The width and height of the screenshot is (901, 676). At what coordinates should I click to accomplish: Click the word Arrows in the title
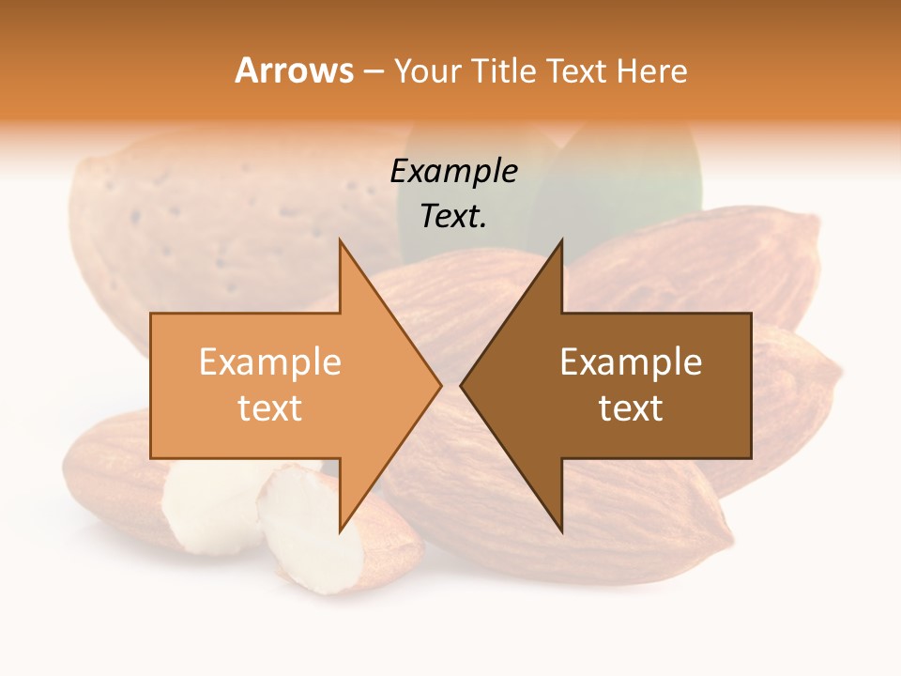(x=295, y=70)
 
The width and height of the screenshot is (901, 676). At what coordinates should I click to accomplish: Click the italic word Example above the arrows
(x=453, y=171)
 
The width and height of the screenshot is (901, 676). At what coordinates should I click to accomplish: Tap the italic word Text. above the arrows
(x=453, y=216)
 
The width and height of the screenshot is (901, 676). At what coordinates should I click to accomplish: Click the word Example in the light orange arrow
(x=269, y=362)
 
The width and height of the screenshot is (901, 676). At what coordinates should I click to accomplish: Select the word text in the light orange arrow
(x=269, y=408)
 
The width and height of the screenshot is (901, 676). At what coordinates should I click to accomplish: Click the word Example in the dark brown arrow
(x=631, y=362)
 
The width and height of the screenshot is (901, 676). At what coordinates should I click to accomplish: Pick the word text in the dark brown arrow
(x=631, y=408)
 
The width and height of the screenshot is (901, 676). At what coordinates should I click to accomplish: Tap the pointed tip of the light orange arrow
(x=438, y=385)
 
